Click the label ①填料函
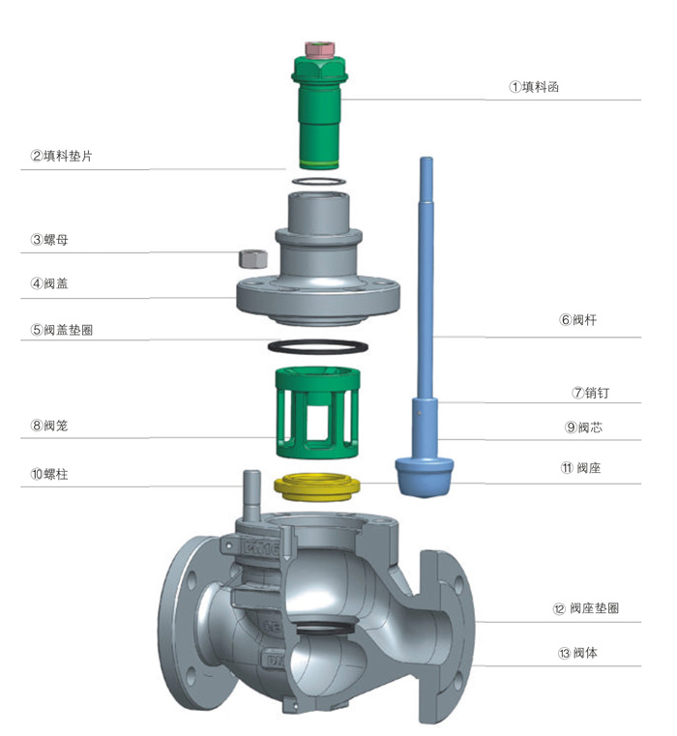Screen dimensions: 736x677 coord(535,87)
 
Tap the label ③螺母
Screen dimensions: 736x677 coord(48,239)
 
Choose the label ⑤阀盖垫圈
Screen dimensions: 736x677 coord(62,330)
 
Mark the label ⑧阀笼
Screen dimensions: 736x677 coord(48,425)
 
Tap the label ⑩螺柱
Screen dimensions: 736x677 coord(48,474)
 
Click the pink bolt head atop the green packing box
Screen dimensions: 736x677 coord(318,47)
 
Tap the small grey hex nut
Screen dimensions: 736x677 coord(252,258)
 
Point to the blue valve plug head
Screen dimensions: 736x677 coord(424,476)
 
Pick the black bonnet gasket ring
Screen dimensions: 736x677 coord(316,346)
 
